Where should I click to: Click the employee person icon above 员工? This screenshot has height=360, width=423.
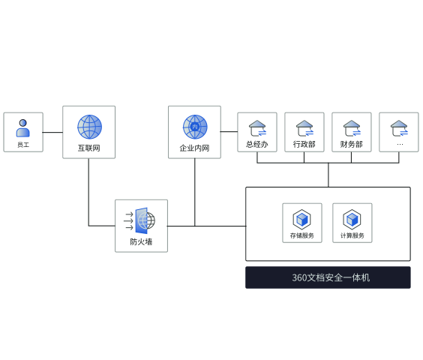(x=23, y=128)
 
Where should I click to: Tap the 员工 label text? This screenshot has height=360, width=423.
(x=23, y=145)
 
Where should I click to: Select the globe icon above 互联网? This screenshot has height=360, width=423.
(x=89, y=127)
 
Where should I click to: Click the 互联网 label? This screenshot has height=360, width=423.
(x=89, y=148)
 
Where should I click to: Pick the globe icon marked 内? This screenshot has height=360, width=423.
(x=195, y=127)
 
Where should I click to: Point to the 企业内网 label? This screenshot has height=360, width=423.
(x=194, y=148)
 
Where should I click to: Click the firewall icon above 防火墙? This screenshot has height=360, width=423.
(x=139, y=220)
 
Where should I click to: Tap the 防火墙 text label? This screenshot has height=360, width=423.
(x=141, y=241)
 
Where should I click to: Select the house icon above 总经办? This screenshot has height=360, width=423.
(x=258, y=128)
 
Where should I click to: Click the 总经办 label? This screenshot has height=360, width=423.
(x=257, y=145)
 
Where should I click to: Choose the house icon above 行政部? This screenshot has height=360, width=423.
(x=304, y=128)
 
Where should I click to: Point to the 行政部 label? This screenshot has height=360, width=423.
(x=304, y=145)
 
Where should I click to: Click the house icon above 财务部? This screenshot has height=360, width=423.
(x=352, y=128)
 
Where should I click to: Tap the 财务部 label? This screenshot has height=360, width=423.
(x=352, y=145)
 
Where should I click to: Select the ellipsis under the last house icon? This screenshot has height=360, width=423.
(x=400, y=145)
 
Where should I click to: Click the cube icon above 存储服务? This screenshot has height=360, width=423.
(x=301, y=219)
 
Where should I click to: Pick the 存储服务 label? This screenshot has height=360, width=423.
(x=302, y=235)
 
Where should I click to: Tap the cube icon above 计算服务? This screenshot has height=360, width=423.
(x=352, y=219)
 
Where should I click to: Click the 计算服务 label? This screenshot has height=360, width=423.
(x=352, y=235)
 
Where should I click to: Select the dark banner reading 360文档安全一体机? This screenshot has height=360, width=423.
(x=328, y=277)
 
